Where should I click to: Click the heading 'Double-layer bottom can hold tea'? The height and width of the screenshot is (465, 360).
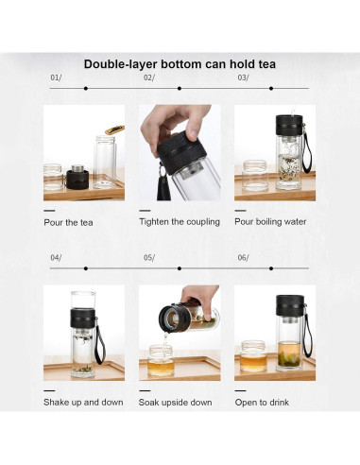180,64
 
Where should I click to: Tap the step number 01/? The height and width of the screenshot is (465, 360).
55,77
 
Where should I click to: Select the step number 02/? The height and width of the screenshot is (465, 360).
148,77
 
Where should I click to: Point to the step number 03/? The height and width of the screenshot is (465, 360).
243,77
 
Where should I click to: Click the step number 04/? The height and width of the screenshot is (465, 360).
55,257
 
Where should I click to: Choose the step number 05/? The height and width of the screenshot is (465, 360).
148,257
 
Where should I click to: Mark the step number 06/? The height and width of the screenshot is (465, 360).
243,257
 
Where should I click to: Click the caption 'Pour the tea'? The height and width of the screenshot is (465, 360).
69,222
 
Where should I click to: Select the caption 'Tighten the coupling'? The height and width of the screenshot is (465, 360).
179,221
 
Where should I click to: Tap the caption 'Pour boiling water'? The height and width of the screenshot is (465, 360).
270,221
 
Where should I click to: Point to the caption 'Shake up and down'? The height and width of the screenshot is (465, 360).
83,402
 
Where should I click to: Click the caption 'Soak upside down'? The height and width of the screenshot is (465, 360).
175,402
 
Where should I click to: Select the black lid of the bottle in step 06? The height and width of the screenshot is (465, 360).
288,305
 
